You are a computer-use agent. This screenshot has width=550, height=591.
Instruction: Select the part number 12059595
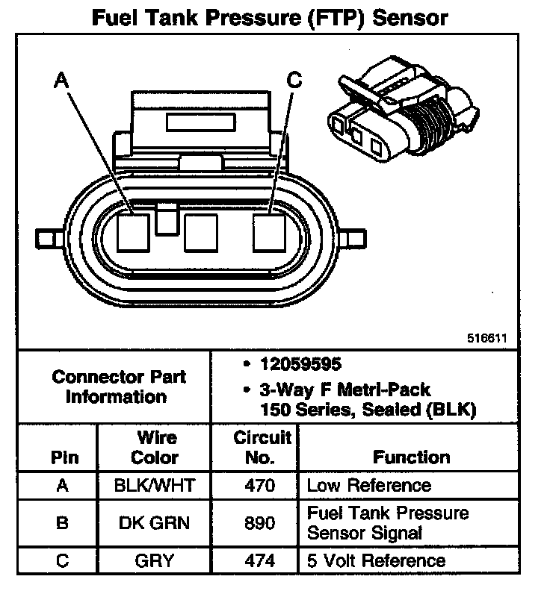coord(300,364)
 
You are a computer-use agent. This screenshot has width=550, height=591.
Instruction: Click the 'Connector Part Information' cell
coord(118,387)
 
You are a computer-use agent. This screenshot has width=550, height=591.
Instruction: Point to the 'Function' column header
coord(412,457)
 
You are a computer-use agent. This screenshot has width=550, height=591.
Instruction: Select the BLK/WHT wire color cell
coord(155,485)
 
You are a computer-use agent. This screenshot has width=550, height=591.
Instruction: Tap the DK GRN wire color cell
coord(155,523)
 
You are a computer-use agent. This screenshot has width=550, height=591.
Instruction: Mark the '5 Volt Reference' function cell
coord(377,560)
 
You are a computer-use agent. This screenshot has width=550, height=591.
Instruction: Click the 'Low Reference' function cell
coord(369,485)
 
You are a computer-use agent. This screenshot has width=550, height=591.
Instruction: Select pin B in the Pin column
coord(63,523)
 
